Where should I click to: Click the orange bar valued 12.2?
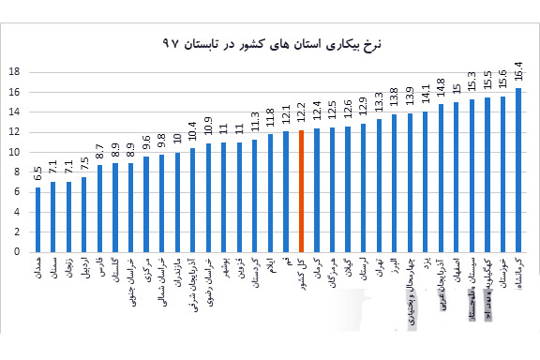point(302,191)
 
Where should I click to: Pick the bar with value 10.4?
point(193,200)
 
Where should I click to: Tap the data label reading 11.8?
point(271,120)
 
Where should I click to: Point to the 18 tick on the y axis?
point(13,72)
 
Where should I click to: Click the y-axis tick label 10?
point(13,152)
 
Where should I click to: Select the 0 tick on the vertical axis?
point(16,251)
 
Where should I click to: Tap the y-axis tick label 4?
point(16,212)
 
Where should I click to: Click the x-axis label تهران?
point(379,270)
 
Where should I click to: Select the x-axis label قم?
point(286,262)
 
